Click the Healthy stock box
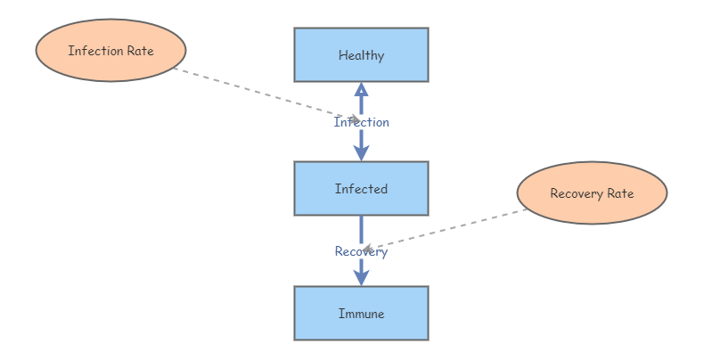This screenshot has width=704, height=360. (361, 54)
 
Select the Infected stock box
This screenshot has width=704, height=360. (361, 188)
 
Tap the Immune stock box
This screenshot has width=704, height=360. (361, 313)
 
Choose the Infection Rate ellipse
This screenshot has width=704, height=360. (111, 51)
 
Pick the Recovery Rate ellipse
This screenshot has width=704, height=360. (592, 193)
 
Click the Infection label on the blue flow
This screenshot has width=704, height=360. (361, 122)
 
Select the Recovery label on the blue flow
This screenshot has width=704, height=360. (361, 251)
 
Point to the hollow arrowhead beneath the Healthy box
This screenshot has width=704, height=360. (361, 89)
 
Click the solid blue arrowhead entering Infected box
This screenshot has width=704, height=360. (361, 152)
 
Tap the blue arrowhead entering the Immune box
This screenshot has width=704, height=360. (361, 277)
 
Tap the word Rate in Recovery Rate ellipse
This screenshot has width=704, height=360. (620, 193)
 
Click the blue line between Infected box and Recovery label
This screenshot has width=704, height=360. (361, 228)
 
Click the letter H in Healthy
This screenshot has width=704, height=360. (342, 55)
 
